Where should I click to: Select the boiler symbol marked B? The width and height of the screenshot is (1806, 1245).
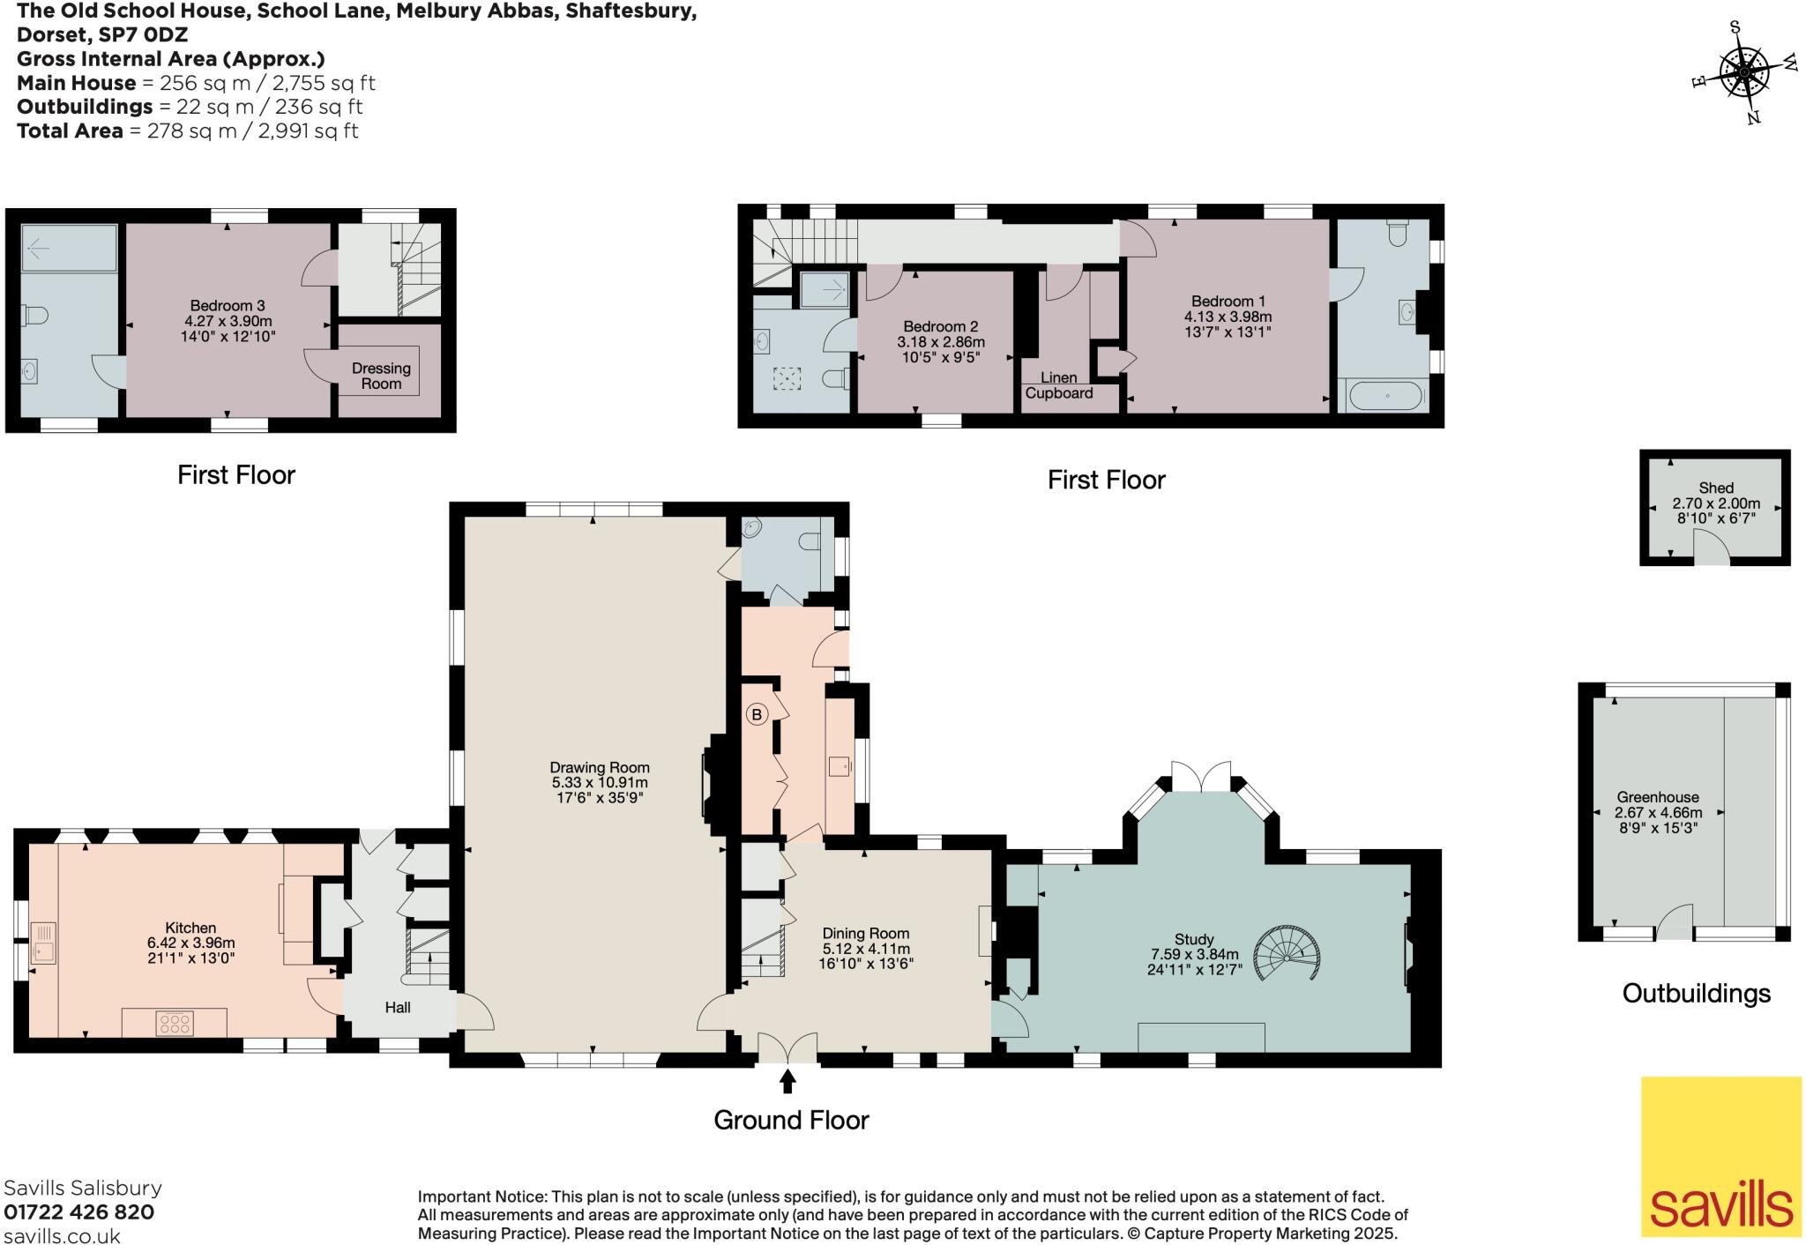(757, 715)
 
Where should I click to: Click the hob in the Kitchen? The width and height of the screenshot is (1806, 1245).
(174, 1024)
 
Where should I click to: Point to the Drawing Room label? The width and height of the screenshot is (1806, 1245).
(600, 767)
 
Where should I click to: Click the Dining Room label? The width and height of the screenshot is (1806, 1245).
(866, 933)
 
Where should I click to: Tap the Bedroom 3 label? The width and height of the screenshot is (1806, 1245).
(228, 306)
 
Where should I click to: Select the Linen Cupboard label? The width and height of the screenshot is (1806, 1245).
(1059, 385)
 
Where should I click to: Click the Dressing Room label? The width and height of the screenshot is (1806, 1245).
(381, 376)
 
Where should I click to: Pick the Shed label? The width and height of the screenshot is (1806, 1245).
(1716, 488)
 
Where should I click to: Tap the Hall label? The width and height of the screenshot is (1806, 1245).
(398, 1007)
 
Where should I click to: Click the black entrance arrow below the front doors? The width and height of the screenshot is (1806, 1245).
(787, 1081)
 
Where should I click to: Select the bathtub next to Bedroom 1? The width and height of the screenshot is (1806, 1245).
(1381, 396)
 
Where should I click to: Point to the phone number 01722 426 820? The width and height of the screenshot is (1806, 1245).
(79, 1212)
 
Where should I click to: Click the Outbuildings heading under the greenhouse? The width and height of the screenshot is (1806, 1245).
(1697, 994)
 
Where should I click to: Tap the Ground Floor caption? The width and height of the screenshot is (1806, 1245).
(791, 1120)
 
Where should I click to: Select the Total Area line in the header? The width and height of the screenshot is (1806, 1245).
(188, 130)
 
